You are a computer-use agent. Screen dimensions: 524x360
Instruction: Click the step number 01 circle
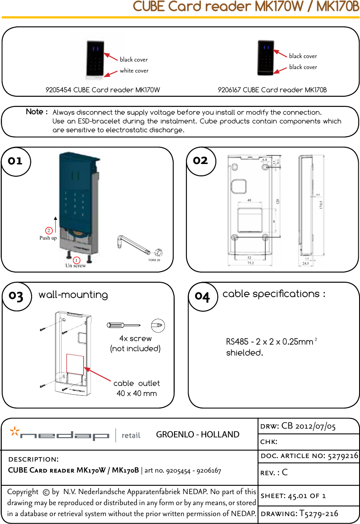[15, 161]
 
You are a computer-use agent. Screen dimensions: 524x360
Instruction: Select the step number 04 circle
[202, 297]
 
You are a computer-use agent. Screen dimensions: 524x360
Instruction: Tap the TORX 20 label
[154, 260]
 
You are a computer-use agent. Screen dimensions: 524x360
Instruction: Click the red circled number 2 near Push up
[49, 230]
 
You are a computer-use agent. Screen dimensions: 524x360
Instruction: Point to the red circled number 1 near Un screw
[76, 260]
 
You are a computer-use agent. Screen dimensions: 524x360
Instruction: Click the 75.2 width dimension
[251, 263]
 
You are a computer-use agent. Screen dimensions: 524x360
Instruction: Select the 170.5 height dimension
[321, 204]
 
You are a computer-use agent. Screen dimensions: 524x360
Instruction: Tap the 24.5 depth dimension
[305, 263]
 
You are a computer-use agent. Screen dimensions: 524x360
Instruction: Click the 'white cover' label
[134, 71]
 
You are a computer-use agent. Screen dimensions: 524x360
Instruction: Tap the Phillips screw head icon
[157, 325]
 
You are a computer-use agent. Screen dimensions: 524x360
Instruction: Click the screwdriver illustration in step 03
[124, 325]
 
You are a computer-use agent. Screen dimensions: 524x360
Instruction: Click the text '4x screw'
[135, 338]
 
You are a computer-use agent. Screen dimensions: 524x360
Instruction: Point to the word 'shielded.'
[244, 353]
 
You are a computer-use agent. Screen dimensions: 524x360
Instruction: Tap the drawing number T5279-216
[318, 514]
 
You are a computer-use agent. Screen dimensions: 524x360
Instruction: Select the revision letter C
[284, 473]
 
